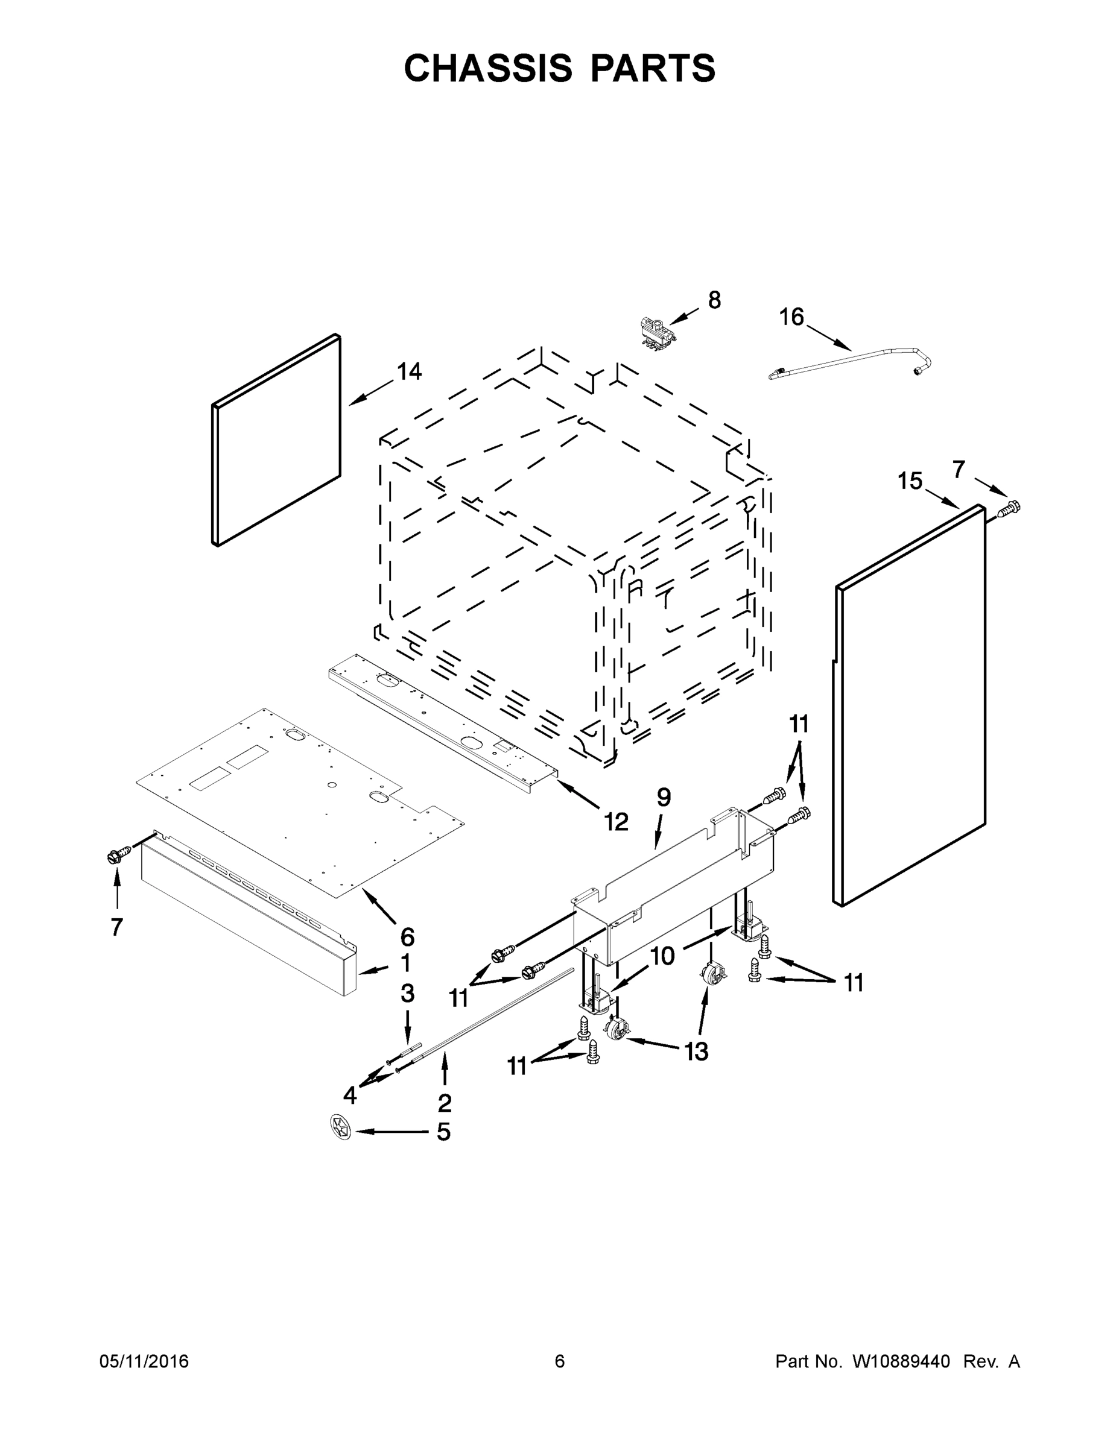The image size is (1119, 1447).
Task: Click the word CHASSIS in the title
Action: tap(488, 68)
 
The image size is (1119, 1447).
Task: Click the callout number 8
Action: tap(714, 301)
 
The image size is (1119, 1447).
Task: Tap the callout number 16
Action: tap(791, 317)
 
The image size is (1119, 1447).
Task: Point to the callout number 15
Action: tap(910, 482)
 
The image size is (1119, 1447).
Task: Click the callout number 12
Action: tap(616, 822)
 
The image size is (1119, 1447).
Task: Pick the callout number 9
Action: tap(664, 798)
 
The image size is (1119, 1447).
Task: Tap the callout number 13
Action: tap(696, 1051)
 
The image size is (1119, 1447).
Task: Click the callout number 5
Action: tap(443, 1132)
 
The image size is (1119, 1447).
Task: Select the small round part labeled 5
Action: tap(340, 1127)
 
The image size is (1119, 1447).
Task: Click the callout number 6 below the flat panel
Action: tap(407, 938)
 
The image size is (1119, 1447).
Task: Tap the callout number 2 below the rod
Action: tap(444, 1103)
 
